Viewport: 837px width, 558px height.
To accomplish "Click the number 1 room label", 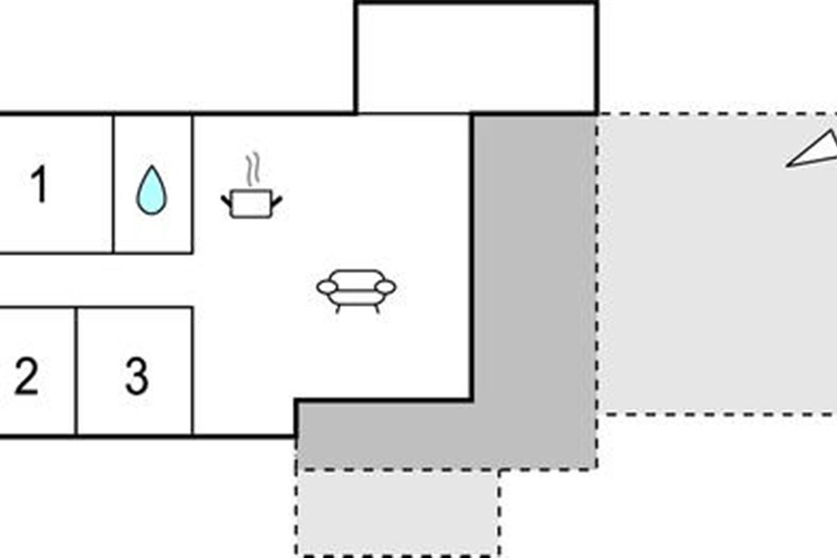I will (x=40, y=184).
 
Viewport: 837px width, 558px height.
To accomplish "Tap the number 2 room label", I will (x=26, y=377).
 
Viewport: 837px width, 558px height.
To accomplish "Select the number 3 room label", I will (x=136, y=377).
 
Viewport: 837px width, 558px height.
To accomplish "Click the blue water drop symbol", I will (x=151, y=190).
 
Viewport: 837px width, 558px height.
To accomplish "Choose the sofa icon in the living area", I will (x=356, y=288).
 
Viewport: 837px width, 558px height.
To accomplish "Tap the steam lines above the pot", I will (x=252, y=169).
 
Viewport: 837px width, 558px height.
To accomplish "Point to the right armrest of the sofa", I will (x=385, y=287).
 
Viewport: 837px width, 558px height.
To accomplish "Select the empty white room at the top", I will (x=476, y=58).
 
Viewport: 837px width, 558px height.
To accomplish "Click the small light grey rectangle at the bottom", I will (x=398, y=513).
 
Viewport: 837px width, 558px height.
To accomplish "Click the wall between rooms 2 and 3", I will (x=76, y=371).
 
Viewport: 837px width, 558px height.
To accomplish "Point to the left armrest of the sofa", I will (x=327, y=287).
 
